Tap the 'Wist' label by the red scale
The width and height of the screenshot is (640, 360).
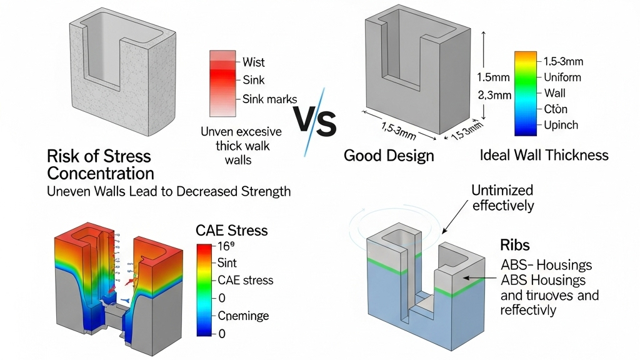[x=254, y=62]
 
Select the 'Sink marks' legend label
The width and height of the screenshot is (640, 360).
[x=270, y=99]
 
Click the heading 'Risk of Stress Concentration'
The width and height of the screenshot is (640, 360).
[x=99, y=164]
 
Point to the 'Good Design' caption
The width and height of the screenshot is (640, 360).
[x=389, y=156]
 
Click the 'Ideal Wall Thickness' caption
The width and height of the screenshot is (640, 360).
[x=544, y=154]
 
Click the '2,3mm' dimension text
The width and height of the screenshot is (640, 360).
[x=494, y=96]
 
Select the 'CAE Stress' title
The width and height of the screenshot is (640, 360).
[x=231, y=231]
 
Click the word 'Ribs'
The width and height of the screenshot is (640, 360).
[x=516, y=244]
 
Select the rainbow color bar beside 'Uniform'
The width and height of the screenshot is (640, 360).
[x=524, y=94]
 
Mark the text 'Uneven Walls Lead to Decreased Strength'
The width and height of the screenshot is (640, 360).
[x=169, y=191]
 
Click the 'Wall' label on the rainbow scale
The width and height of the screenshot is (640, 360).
[x=554, y=93]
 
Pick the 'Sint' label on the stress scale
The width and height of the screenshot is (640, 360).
[x=227, y=263]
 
